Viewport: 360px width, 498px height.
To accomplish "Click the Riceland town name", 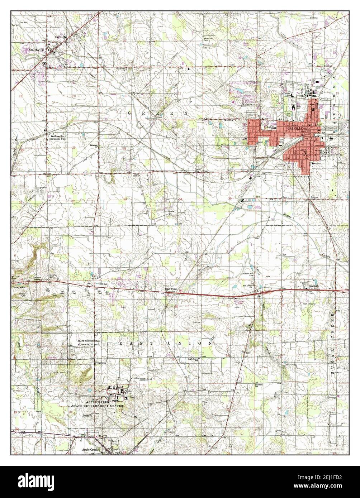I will coord(314,286).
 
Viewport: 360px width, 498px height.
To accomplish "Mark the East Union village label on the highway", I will coord(171,289).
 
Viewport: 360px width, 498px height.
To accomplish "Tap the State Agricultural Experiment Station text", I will coord(89,342).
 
